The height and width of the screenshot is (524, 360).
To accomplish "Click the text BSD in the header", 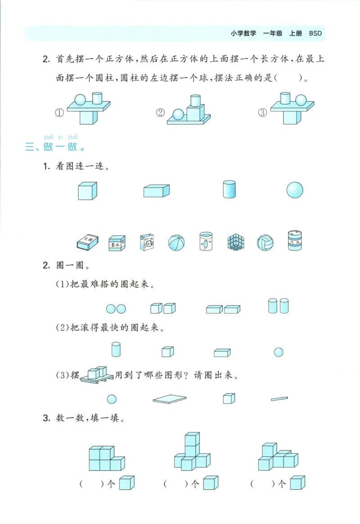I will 315,33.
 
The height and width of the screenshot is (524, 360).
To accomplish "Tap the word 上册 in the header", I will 296,33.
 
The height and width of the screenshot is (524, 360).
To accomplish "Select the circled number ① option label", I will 58,113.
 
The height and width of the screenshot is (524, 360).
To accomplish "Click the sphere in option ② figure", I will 178,115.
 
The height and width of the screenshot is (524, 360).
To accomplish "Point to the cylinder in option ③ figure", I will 284,98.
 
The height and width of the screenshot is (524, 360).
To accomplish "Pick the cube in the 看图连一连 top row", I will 87,190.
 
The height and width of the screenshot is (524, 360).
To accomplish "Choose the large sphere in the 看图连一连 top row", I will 295,189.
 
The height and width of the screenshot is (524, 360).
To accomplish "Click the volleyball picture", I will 265,242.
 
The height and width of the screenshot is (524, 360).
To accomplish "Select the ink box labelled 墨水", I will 117,242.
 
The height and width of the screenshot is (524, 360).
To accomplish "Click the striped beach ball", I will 176,243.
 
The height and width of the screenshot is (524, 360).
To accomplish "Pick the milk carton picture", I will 147,242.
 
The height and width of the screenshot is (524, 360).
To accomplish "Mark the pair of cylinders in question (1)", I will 278,306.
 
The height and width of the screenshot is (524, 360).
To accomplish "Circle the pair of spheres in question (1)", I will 116,309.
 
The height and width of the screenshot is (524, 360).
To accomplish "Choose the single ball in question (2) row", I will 279,352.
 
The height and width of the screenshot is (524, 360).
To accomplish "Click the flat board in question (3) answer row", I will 170,399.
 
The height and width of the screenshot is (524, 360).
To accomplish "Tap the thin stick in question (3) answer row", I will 279,398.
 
